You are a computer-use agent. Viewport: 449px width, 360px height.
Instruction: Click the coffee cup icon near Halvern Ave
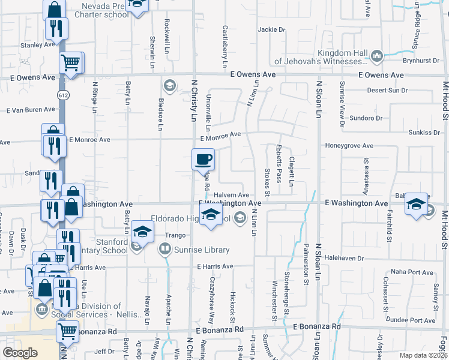click(x=203, y=159)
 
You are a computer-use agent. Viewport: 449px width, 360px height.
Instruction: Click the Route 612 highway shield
click(x=62, y=95)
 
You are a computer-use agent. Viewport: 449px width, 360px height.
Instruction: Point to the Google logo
click(x=20, y=353)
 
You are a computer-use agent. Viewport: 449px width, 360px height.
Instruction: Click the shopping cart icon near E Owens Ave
click(x=71, y=62)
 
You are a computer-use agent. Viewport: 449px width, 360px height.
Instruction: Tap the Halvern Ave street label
click(x=231, y=195)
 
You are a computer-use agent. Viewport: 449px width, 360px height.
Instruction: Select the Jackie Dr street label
click(x=271, y=29)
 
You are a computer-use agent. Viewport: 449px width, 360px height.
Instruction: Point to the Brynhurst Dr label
click(x=421, y=61)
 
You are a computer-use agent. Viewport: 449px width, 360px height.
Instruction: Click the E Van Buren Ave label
click(x=31, y=110)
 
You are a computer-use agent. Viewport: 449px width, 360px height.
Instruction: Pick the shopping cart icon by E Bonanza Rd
click(x=67, y=331)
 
